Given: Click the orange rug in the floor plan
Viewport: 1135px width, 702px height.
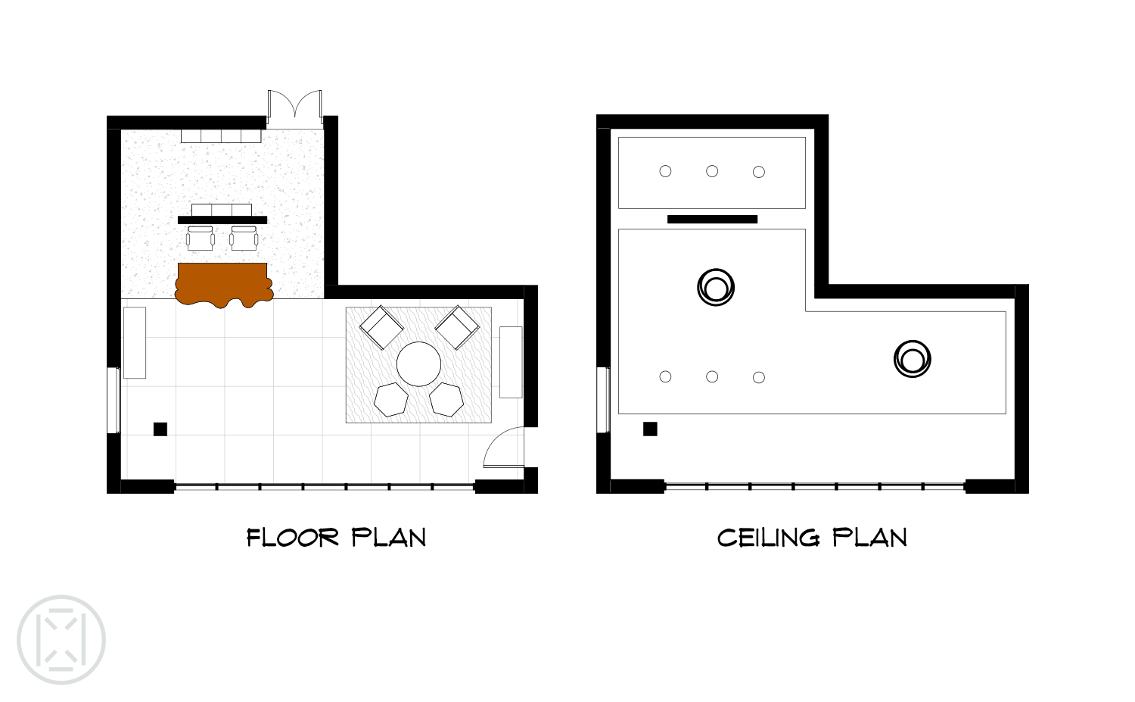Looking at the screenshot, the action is click(223, 284).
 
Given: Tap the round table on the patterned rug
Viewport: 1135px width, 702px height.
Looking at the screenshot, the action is click(418, 364).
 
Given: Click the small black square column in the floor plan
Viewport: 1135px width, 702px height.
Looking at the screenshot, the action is click(160, 429).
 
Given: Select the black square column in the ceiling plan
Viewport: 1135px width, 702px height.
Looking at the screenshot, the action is click(650, 429).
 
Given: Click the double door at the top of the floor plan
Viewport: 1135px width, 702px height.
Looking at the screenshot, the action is click(295, 108).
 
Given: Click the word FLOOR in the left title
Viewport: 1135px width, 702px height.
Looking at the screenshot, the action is click(292, 538).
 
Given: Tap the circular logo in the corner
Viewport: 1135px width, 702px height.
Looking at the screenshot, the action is click(61, 640).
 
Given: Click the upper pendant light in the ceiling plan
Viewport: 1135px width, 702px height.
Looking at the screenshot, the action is click(716, 287).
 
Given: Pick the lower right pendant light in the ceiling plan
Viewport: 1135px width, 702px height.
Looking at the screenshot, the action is click(912, 359).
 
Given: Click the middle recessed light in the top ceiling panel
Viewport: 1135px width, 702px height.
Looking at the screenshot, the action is click(712, 171).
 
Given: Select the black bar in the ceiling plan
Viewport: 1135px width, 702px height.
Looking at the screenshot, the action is click(713, 219).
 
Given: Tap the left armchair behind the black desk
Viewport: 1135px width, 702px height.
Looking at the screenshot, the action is click(201, 239).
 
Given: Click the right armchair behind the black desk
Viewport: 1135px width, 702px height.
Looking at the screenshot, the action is click(244, 239).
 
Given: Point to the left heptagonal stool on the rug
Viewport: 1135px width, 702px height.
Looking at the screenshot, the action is click(391, 400).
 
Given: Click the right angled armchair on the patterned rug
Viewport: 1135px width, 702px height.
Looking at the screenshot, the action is click(457, 327).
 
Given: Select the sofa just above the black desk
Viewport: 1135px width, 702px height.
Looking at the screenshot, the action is click(222, 210).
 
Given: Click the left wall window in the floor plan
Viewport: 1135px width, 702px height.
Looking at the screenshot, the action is click(114, 400).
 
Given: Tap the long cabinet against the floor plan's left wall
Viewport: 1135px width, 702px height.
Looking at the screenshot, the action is click(134, 342).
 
